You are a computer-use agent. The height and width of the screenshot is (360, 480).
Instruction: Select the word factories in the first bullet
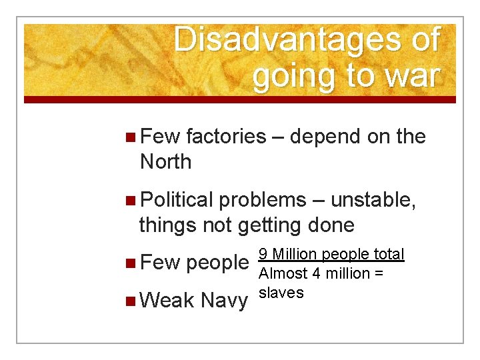coord(226,137)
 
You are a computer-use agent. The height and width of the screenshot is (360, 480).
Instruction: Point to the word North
coord(165,161)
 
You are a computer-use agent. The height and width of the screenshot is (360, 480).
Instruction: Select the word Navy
coord(223,301)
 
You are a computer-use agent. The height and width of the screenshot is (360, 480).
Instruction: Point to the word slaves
coord(281,293)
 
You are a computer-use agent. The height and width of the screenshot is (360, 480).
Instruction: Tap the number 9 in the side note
coord(263,255)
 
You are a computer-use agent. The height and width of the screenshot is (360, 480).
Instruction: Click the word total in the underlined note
coord(389,255)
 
